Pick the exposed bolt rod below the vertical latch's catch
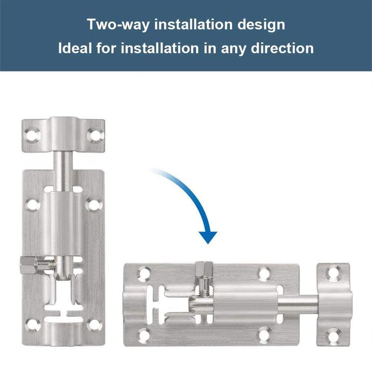click(x=64, y=167)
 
